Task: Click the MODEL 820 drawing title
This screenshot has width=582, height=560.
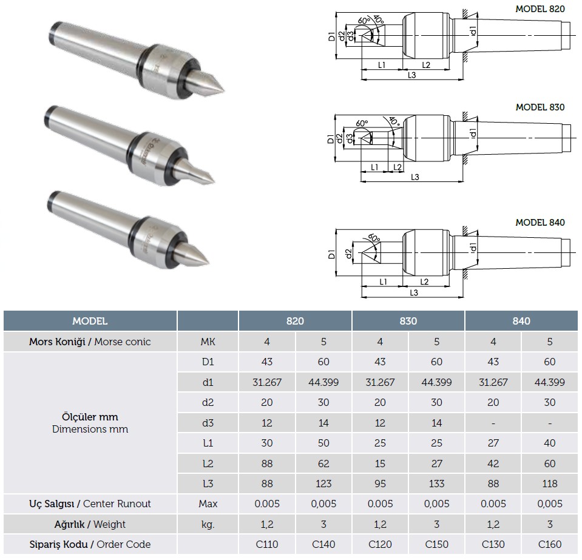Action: (540, 9)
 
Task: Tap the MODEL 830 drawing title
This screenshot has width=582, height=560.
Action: (540, 107)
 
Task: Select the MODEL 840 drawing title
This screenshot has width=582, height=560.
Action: (540, 223)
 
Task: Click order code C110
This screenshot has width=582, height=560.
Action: (267, 544)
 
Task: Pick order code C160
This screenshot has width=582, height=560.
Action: (550, 544)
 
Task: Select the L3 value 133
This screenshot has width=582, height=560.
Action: (436, 484)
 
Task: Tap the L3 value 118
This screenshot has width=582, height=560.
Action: (550, 484)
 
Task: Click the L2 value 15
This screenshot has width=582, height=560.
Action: (380, 464)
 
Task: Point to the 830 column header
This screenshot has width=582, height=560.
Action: (408, 321)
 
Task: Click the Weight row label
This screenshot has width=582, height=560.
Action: (90, 524)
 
